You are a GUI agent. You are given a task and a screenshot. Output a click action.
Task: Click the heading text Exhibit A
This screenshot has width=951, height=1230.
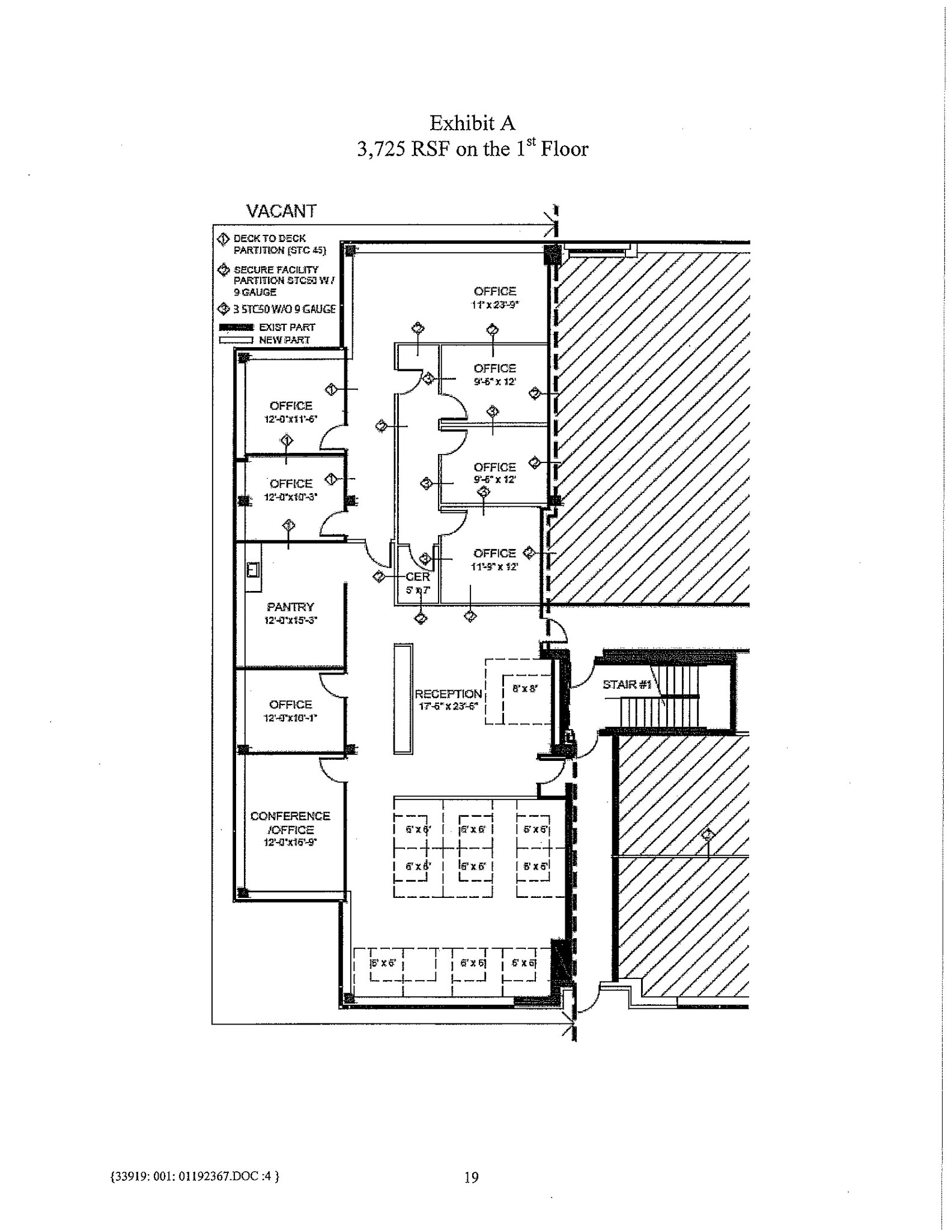(472, 123)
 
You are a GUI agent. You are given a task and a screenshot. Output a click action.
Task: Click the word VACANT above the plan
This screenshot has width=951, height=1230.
(281, 211)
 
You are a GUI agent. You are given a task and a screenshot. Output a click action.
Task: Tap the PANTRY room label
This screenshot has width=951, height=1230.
(291, 607)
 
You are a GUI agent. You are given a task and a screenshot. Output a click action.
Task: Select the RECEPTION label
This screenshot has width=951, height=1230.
(448, 694)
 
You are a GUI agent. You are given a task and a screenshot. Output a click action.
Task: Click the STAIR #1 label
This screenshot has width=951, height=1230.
(627, 685)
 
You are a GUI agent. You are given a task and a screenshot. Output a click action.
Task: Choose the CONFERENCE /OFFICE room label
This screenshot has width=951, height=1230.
(290, 822)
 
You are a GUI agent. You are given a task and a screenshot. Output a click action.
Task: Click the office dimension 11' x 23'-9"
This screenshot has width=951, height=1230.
(494, 305)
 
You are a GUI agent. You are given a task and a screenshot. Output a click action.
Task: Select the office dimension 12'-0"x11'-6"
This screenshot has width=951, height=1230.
(291, 419)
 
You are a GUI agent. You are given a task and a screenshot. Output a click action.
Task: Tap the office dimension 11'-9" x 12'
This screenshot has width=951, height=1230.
(494, 566)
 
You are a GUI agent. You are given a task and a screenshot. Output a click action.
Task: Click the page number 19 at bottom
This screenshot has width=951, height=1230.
(472, 1177)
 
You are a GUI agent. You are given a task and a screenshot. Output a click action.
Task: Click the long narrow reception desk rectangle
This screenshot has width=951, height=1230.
(403, 698)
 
